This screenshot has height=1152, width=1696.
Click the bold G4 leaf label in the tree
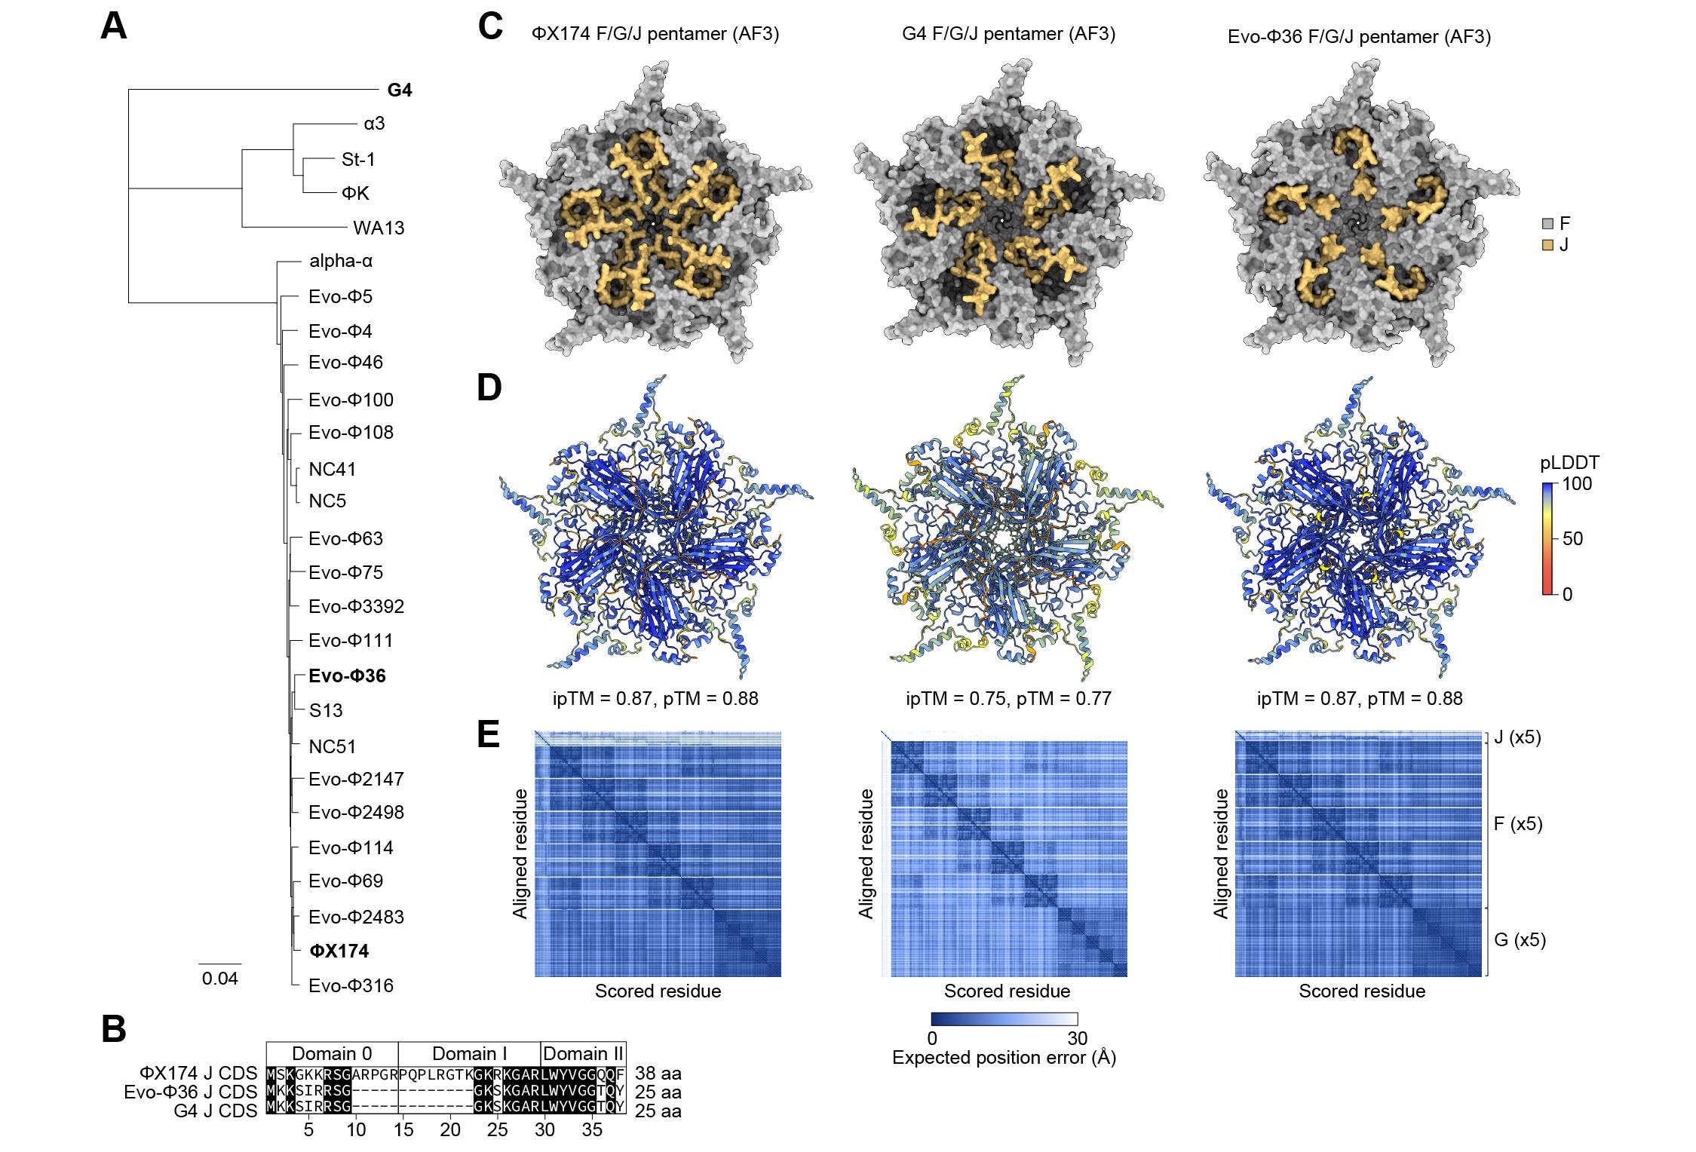[400, 90]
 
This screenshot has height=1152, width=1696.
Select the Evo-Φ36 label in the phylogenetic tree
[347, 676]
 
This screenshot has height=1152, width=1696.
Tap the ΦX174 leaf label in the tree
[339, 951]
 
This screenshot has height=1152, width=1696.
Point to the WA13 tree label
[379, 228]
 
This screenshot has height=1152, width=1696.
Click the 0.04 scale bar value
[220, 979]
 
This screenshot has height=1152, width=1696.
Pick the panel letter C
[490, 28]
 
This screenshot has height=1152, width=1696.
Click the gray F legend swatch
[1548, 224]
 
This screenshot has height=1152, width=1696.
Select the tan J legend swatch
[1548, 245]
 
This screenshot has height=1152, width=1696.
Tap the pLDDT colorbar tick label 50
[1572, 539]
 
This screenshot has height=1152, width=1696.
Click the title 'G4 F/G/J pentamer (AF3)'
[1008, 34]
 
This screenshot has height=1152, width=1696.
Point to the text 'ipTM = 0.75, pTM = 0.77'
[1008, 699]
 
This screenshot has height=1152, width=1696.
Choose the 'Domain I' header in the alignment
[469, 1053]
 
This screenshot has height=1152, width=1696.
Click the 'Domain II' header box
[583, 1053]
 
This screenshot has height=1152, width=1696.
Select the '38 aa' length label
[658, 1074]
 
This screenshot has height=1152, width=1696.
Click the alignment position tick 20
[450, 1130]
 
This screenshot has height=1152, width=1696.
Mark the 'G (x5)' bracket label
[1520, 940]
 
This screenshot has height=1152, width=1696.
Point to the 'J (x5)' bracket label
[1517, 737]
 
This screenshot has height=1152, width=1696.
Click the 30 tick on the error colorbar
[1078, 1038]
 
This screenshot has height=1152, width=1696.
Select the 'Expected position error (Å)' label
[1004, 1058]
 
